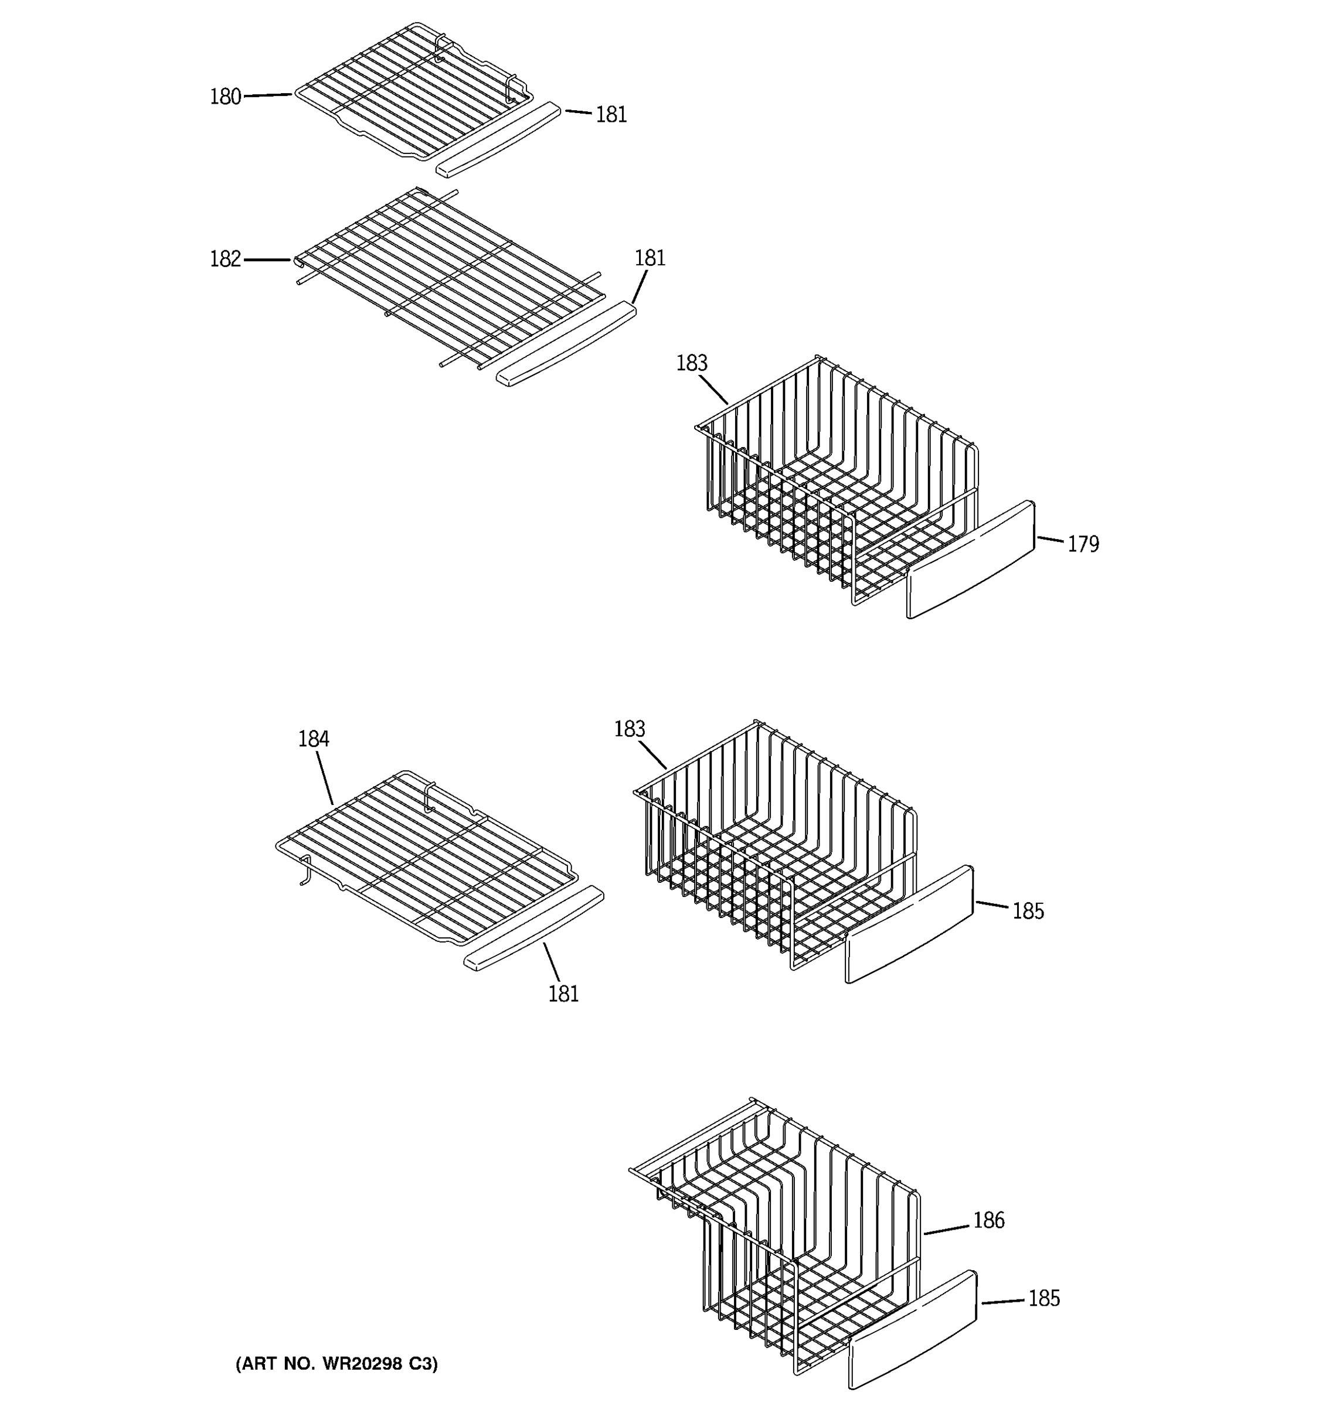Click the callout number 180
[225, 97]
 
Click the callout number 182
[225, 260]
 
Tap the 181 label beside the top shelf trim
[611, 115]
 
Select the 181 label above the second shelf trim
[650, 258]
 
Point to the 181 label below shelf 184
[563, 994]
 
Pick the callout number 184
[313, 739]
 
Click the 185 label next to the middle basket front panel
[1028, 911]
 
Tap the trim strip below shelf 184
[533, 927]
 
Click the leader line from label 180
[267, 95]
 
